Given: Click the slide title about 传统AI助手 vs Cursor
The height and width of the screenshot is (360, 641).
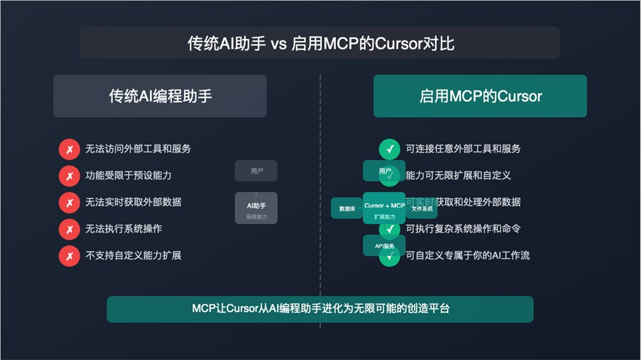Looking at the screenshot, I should click(x=320, y=44).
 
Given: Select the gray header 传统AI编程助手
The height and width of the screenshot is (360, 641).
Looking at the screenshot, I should click(x=160, y=96).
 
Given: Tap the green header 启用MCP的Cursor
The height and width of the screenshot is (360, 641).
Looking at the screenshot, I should click(x=480, y=96).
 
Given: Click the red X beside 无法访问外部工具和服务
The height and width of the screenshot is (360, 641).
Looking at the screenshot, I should click(x=69, y=149).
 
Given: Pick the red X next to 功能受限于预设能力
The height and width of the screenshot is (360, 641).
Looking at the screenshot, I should click(x=69, y=176).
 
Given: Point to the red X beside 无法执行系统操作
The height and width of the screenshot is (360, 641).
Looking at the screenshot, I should click(x=69, y=229).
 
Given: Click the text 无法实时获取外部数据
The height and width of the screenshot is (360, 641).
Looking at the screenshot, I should click(x=133, y=202).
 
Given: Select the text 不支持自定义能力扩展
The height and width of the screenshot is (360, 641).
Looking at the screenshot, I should click(x=133, y=255).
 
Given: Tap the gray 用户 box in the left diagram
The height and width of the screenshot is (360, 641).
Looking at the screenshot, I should click(x=256, y=171).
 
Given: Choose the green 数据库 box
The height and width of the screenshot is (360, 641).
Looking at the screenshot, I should click(x=347, y=208).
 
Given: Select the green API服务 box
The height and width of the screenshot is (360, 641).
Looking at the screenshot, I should click(x=384, y=245).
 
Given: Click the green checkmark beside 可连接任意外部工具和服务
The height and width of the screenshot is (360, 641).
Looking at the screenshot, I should click(x=389, y=149).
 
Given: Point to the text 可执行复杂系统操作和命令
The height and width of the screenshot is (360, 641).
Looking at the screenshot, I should click(x=463, y=229).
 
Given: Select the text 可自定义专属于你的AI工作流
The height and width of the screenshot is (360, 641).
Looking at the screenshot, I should click(x=468, y=255).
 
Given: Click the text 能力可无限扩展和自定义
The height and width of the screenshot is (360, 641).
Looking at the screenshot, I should click(x=458, y=176).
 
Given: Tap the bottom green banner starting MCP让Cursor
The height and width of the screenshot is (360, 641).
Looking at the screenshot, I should click(x=320, y=309).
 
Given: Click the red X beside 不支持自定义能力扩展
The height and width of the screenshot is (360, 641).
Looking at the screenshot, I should click(x=69, y=256).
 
